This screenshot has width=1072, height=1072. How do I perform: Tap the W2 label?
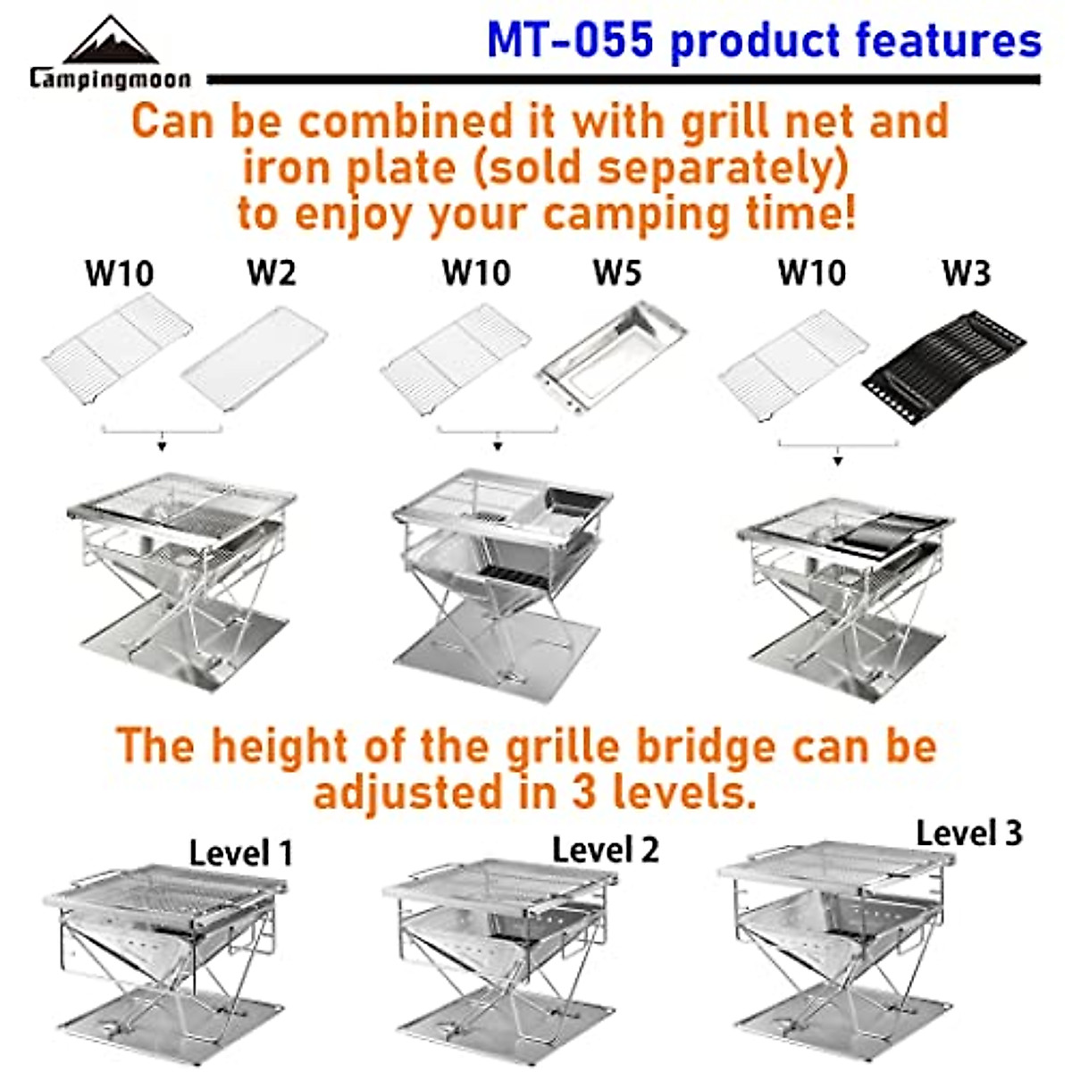pyautogui.click(x=271, y=273)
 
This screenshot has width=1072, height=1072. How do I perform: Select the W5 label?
pyautogui.click(x=617, y=273)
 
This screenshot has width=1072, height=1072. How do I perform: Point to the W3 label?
pyautogui.click(x=966, y=273)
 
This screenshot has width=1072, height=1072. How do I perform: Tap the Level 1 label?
pyautogui.click(x=241, y=853)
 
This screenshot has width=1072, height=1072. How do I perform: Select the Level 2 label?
pyautogui.click(x=605, y=850)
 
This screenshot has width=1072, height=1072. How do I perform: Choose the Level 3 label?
pyautogui.click(x=968, y=833)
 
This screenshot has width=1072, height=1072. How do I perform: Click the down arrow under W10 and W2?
pyautogui.click(x=162, y=445)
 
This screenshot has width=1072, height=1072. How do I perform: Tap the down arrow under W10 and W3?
pyautogui.click(x=837, y=460)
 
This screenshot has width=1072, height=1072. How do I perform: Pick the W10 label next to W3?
pyautogui.click(x=811, y=273)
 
